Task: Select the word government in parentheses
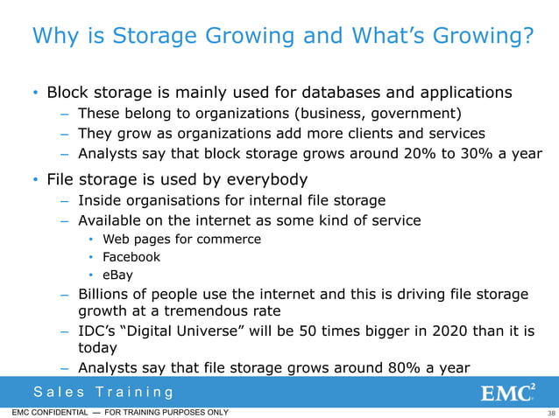(x=411, y=113)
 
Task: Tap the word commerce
(x=231, y=239)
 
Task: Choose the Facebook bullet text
(x=131, y=257)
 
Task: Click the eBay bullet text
(x=118, y=275)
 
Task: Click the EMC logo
(x=508, y=393)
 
